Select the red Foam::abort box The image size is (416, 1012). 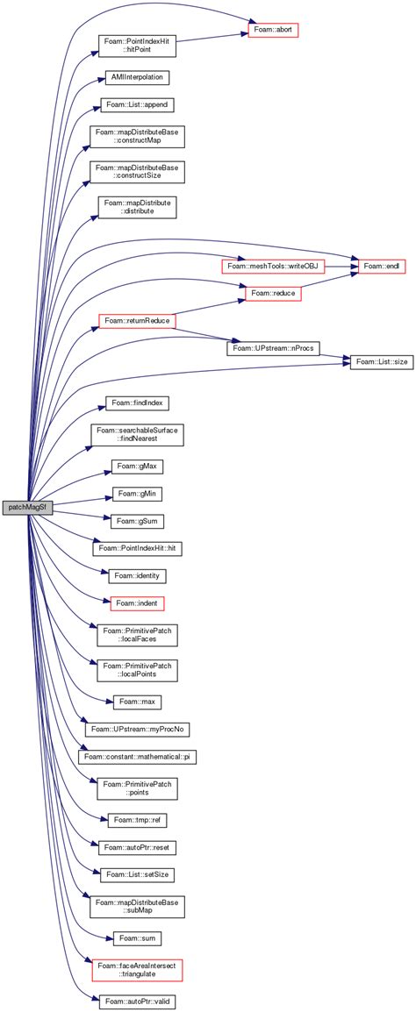(x=274, y=30)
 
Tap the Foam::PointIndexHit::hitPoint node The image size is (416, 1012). (x=136, y=46)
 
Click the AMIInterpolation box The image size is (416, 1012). (x=136, y=77)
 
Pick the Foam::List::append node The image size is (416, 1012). (x=136, y=105)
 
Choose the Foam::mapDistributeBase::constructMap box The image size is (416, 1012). (x=136, y=137)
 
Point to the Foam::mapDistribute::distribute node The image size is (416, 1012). (x=136, y=208)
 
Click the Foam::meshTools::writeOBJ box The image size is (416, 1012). (x=271, y=265)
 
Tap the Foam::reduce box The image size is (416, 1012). (x=273, y=293)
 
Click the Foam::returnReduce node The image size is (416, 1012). (x=136, y=322)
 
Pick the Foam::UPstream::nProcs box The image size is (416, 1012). (x=273, y=348)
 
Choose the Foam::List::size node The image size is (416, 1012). (x=381, y=362)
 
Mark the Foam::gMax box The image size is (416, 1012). (x=136, y=467)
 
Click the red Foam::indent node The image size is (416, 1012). (x=136, y=604)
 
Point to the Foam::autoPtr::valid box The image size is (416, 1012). (x=136, y=1000)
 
